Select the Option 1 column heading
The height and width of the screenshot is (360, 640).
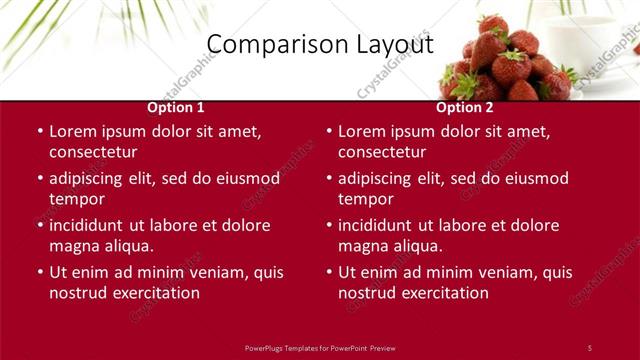pos(176,107)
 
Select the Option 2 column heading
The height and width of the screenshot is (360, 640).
pos(465,107)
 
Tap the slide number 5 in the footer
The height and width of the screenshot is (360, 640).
pos(589,347)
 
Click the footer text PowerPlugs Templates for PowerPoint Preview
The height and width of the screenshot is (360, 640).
pos(320,347)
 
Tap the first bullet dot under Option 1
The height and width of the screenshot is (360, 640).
pos(40,131)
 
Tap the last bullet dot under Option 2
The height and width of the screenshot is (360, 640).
pos(329,272)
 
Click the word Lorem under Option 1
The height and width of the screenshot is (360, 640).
pos(72,131)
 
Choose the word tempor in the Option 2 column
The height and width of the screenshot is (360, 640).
pos(364,199)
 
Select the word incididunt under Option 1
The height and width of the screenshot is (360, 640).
pos(89,225)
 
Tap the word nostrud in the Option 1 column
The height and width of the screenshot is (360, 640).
pos(77,293)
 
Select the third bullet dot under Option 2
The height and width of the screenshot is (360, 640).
pos(329,225)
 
